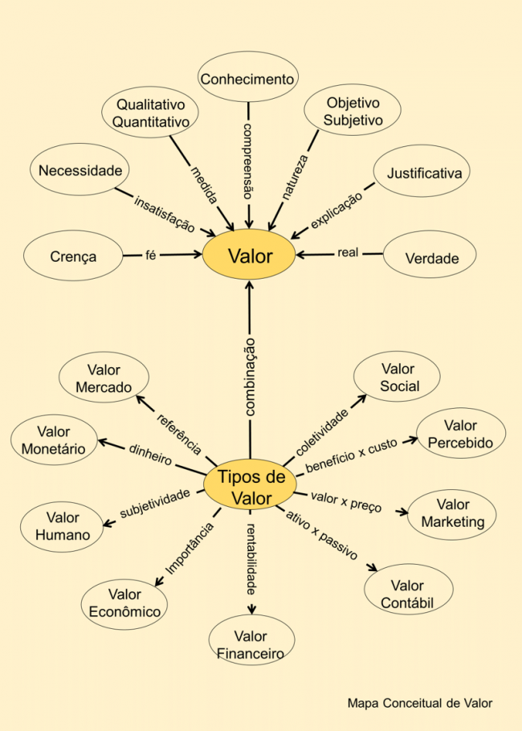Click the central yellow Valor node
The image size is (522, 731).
tap(249, 255)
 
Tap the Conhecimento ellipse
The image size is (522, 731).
tap(247, 77)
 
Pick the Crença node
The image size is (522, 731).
tap(73, 255)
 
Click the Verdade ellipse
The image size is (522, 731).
tap(430, 255)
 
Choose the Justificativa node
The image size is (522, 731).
tap(422, 170)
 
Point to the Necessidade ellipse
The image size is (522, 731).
tap(80, 169)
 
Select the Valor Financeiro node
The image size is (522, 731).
tap(251, 640)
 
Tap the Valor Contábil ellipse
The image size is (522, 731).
tap(409, 590)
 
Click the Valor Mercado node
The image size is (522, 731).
tap(104, 378)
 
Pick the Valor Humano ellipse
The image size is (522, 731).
tap(63, 527)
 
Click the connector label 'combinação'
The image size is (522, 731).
tap(250, 377)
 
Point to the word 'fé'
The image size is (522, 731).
tap(150, 255)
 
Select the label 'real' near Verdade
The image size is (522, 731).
tap(348, 253)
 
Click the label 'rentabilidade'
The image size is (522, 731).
tap(251, 559)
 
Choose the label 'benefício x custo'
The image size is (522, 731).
tap(352, 455)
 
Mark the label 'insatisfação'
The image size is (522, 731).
tap(164, 214)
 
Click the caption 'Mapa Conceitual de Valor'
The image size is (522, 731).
tap(420, 704)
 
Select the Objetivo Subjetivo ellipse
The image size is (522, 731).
tap(353, 110)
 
